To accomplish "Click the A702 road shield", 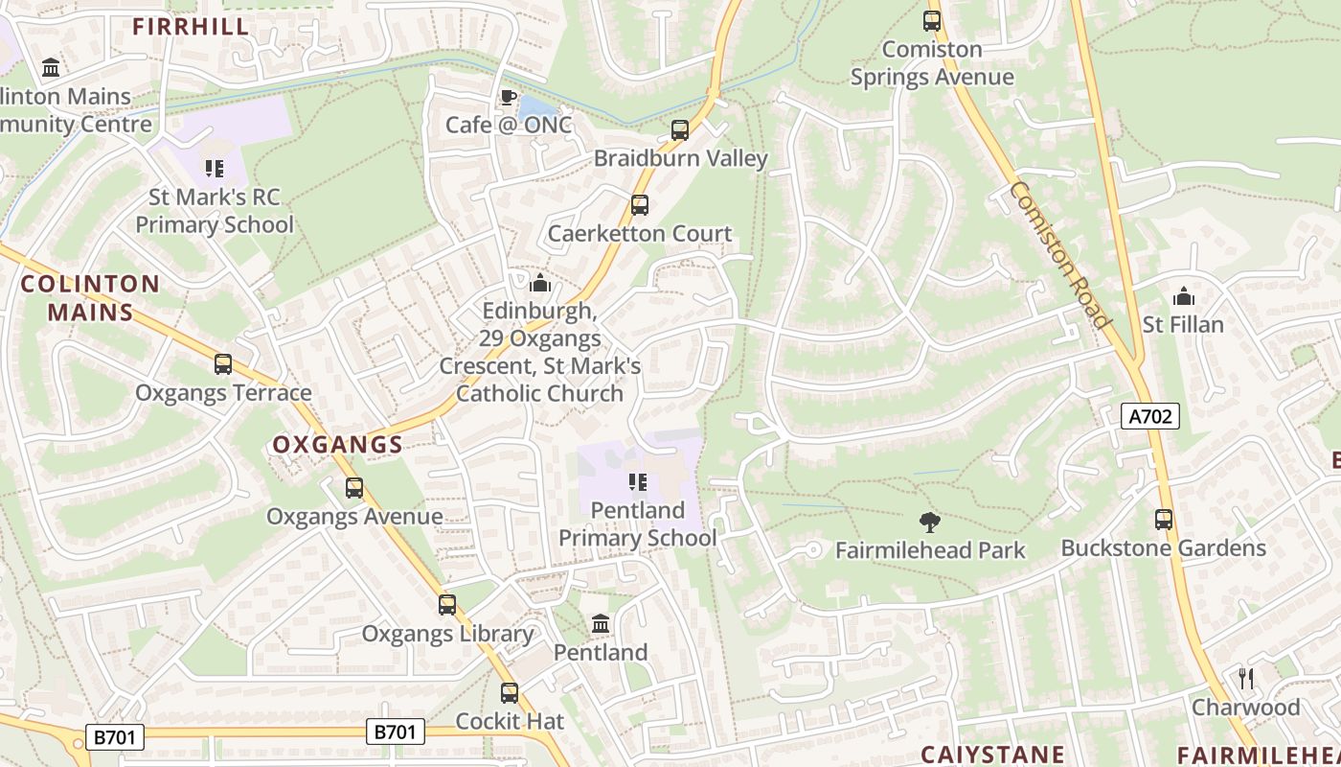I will tap(1149, 416).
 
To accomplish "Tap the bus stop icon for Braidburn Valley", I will tap(680, 130).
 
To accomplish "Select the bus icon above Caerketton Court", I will tap(639, 205).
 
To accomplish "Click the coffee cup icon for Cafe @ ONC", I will tap(509, 97).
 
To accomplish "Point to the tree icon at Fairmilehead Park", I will tap(929, 523).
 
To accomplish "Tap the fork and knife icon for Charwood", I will tap(1245, 679).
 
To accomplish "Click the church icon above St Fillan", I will tap(1184, 296).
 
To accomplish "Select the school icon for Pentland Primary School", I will tap(637, 481).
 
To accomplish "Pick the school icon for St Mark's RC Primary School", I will tap(215, 169).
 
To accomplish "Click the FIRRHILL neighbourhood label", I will tap(192, 27).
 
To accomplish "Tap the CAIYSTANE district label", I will tap(992, 755).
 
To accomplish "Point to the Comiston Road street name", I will tap(1059, 253).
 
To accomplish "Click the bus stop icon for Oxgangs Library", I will tap(447, 605).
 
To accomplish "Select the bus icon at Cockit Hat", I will tap(510, 692).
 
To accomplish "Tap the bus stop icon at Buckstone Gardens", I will tap(1164, 520).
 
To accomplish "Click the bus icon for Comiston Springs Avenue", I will tap(932, 21).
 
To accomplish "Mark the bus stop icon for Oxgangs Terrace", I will tap(223, 364).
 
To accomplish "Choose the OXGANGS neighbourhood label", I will tap(337, 445).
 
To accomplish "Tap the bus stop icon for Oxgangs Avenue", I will tap(354, 488).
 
